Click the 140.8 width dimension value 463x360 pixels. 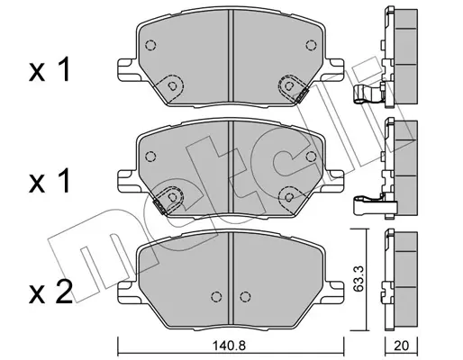[229, 346]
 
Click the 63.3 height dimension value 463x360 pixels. [359, 278]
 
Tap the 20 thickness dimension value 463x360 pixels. [401, 346]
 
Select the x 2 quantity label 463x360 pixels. [50, 292]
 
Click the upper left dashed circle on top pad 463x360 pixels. [150, 45]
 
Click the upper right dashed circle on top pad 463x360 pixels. [311, 45]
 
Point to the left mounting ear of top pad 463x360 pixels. [128, 69]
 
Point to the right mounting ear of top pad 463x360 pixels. [333, 69]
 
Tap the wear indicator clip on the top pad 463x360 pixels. [301, 96]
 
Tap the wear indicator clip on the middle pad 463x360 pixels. [160, 207]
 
